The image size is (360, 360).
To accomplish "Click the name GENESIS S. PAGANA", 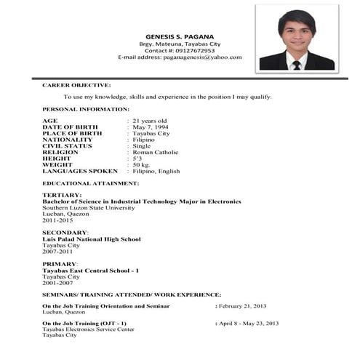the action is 178,34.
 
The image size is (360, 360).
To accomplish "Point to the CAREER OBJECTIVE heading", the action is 76,85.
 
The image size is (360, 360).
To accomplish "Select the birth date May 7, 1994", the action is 149,127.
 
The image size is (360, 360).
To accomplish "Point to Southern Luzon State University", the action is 88,207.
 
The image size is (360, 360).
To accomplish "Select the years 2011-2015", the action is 58,220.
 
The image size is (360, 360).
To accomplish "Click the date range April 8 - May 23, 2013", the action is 249,323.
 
